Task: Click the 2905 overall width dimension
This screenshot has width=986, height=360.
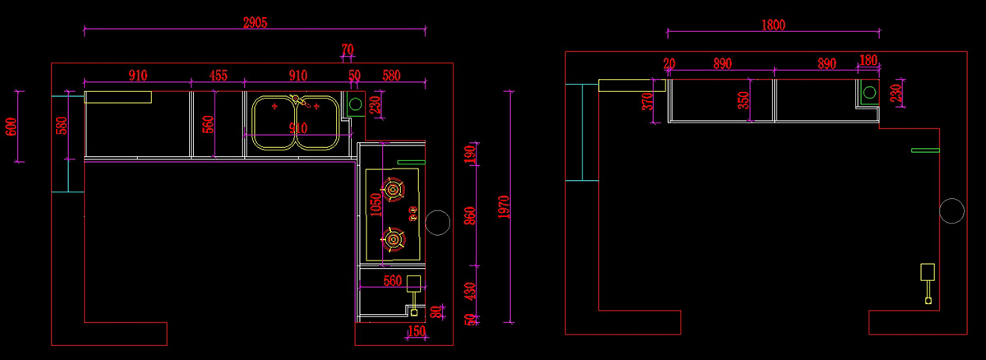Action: coord(256,22)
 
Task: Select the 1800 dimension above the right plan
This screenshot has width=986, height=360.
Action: coord(773,25)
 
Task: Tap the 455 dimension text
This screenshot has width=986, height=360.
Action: coord(219,76)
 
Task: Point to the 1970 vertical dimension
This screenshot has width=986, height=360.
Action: coord(504,207)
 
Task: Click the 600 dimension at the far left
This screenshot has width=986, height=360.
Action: coord(11,127)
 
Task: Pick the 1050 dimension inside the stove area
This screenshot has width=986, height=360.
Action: coord(376,205)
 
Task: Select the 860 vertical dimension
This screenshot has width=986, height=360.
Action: coord(470,216)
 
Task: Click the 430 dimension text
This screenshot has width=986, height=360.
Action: coord(470,291)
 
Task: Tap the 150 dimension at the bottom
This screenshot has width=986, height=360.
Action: coord(417,331)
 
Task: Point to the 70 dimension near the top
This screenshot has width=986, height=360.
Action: coord(348,49)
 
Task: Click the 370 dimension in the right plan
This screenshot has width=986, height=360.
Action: coord(647,102)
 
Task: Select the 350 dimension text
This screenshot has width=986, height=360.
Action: coord(743,100)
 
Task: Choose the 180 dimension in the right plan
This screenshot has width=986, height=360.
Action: coord(868,60)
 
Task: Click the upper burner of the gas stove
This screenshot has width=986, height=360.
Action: coord(393,190)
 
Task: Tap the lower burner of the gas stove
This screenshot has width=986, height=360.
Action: coord(393,240)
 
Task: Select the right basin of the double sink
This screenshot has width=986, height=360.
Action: coord(339,123)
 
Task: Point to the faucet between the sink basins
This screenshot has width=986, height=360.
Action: coord(300,101)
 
